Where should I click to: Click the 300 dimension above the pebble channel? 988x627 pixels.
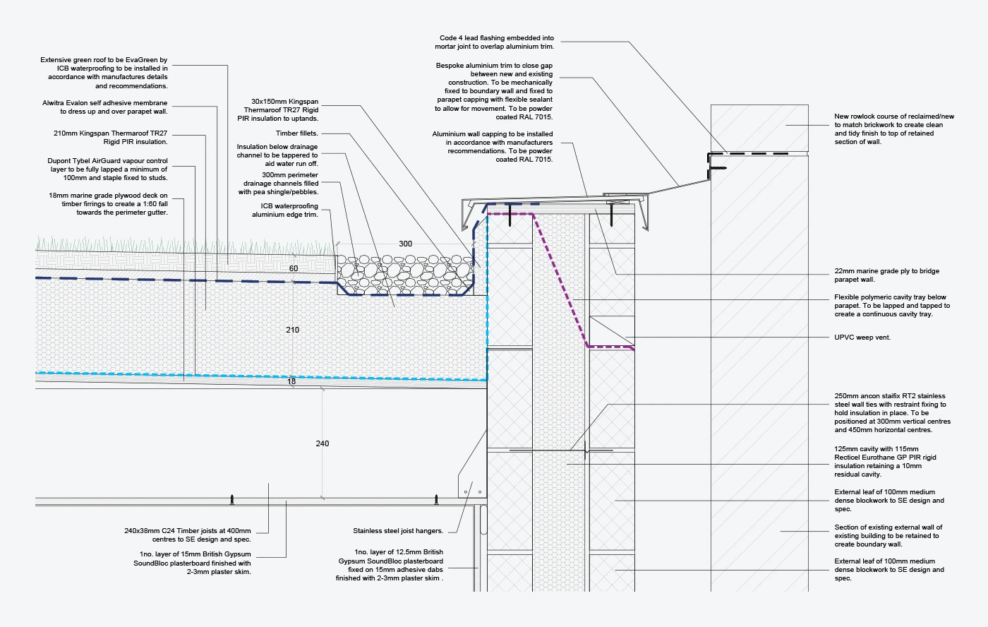405,244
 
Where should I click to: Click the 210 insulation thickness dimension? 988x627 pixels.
292,330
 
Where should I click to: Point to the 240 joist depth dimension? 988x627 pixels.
322,443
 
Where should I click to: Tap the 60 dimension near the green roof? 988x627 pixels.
294,268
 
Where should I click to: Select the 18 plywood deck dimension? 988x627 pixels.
291,381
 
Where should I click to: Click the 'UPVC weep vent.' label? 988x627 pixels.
862,338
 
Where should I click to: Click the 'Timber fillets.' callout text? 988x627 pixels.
296,133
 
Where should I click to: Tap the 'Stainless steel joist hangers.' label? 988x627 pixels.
398,531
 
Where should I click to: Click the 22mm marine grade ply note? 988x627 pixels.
886,275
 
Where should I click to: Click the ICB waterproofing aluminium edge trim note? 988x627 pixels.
284,210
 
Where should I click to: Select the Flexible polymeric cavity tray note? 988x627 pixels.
891,306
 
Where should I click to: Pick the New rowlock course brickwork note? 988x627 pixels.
893,129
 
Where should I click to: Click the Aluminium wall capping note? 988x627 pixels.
492,147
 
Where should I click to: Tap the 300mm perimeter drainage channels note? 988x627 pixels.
278,184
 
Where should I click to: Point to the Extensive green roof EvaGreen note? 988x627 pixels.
104,73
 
